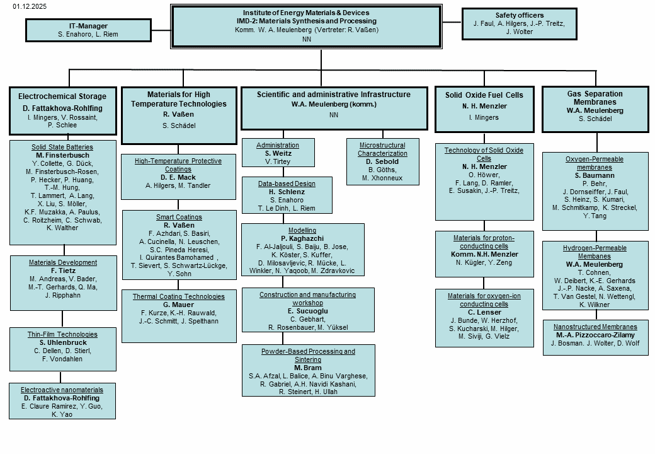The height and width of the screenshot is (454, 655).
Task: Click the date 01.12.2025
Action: tap(29, 6)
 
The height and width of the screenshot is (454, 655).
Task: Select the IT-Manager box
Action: tap(88, 30)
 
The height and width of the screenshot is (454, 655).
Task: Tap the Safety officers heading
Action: tap(519, 15)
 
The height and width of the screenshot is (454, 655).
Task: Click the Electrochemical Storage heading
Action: tap(62, 96)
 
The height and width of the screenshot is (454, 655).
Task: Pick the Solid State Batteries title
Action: tap(62, 147)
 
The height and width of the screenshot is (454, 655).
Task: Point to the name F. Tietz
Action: tap(63, 271)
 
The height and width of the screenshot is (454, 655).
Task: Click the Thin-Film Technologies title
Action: tap(63, 334)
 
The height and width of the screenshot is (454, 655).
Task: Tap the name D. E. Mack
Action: tap(178, 177)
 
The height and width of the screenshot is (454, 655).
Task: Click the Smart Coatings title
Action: tap(178, 217)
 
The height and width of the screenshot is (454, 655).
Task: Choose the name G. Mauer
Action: tap(178, 305)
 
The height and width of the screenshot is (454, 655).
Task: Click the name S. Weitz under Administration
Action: tap(278, 153)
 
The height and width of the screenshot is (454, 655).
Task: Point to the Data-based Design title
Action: tap(287, 183)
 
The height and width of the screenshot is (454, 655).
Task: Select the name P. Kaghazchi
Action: tap(302, 238)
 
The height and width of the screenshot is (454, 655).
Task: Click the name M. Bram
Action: tap(308, 368)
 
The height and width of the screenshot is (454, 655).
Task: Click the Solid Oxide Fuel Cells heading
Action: tap(484, 95)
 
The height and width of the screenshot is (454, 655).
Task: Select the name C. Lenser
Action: tap(484, 312)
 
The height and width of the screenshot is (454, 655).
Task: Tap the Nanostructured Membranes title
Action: tap(595, 327)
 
